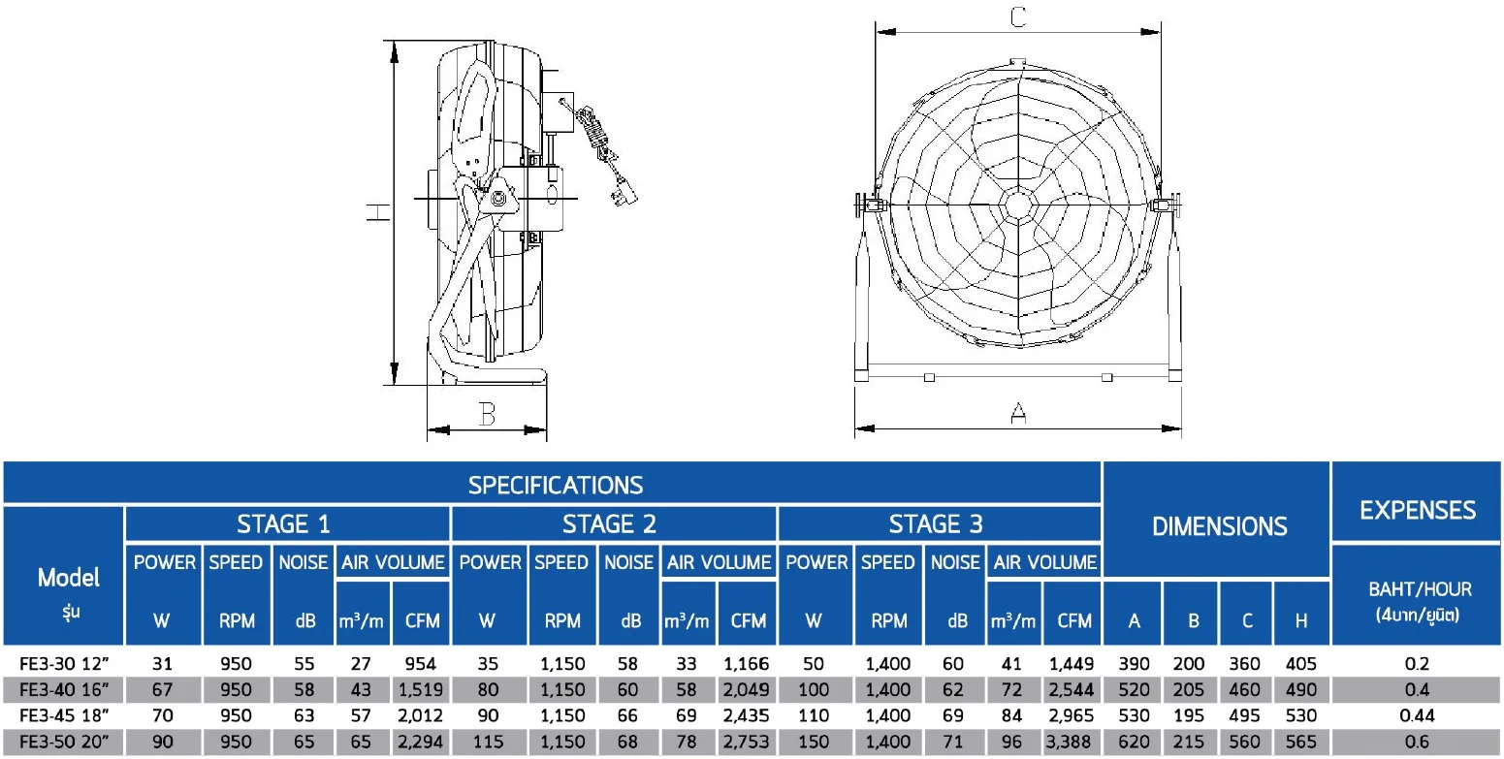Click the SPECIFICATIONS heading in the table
(556, 486)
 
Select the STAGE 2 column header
(609, 524)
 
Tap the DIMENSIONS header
(1219, 526)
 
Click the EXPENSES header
(1418, 511)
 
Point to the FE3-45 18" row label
(64, 715)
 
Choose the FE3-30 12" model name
(64, 664)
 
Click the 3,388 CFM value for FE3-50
(1070, 742)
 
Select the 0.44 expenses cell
(1417, 715)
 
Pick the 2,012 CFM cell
(420, 715)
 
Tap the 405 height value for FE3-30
(1300, 664)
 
